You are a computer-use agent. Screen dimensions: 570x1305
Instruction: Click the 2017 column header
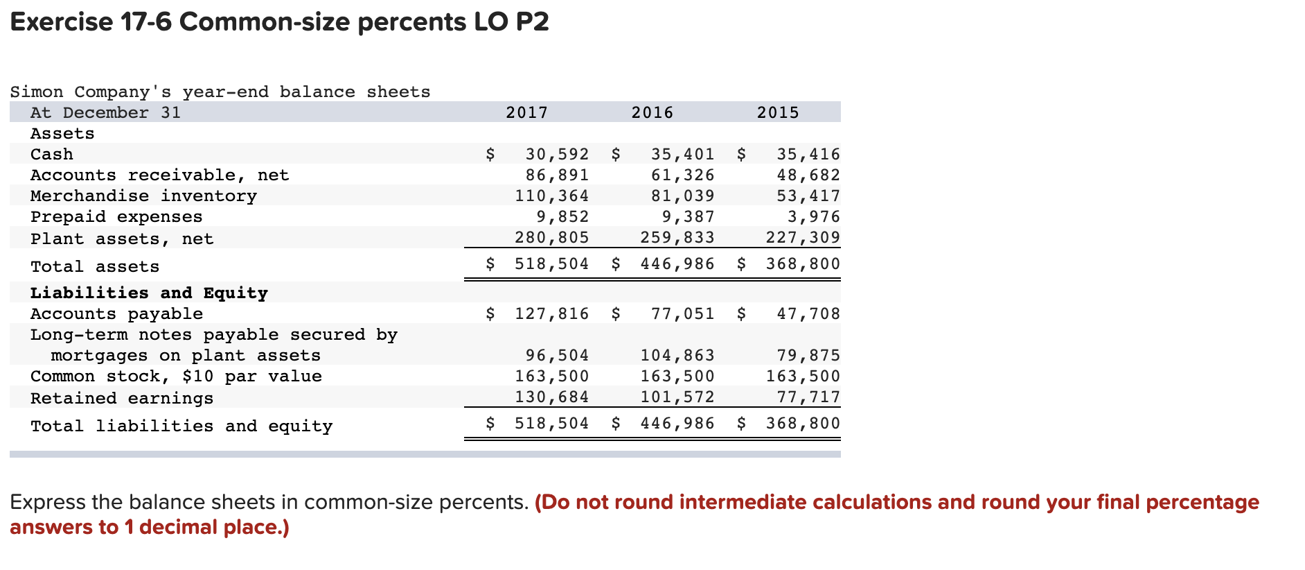coord(526,112)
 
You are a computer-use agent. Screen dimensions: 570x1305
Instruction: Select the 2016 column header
coord(652,112)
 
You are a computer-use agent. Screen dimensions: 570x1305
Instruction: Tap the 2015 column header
coord(777,112)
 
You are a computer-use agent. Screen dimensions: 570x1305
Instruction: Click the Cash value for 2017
coord(557,154)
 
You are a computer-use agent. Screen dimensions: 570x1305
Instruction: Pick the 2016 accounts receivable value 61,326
coord(682,175)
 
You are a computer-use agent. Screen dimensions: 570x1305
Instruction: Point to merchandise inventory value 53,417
coord(808,196)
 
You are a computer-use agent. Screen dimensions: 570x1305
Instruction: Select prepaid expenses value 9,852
coord(562,216)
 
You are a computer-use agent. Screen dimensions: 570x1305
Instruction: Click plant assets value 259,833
coord(677,237)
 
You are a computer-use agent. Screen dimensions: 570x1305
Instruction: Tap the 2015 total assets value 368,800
coord(802,264)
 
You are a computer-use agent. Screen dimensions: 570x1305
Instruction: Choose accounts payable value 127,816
coord(551,313)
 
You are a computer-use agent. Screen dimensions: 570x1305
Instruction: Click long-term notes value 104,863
coord(677,355)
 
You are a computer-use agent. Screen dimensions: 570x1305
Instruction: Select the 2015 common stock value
coord(802,376)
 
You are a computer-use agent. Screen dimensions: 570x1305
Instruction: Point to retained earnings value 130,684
coord(551,397)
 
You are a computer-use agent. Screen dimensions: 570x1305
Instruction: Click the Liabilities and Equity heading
coord(149,293)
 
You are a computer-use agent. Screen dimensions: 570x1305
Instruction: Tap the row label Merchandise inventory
coord(143,196)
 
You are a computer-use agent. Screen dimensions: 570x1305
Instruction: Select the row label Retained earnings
coord(122,398)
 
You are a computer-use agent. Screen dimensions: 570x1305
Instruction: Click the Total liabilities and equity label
coord(181,426)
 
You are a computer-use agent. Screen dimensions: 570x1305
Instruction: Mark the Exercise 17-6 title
coord(279,22)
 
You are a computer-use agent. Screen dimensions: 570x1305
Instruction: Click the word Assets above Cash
coord(62,133)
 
